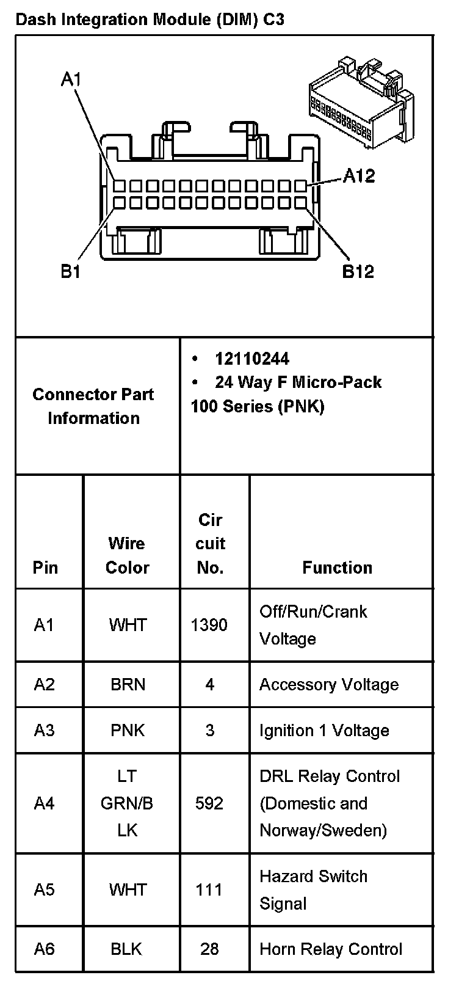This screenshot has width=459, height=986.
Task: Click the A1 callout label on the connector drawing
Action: [71, 79]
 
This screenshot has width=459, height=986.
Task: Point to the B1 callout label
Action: [71, 271]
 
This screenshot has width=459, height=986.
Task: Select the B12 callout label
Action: [358, 271]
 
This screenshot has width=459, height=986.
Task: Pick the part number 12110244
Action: [252, 359]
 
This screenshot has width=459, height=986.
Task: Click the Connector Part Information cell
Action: [93, 406]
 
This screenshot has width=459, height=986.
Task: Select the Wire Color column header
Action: [127, 555]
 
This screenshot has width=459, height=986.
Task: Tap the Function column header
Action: [337, 568]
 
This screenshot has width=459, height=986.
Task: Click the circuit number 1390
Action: [209, 624]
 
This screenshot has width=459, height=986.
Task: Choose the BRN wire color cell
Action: [128, 684]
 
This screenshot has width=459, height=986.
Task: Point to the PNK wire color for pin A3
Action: [128, 730]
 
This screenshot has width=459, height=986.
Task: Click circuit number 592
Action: [209, 803]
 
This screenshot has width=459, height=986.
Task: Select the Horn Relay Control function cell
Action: [331, 949]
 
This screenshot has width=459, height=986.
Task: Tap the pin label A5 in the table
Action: [44, 889]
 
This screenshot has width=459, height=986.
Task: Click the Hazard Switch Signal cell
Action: [313, 889]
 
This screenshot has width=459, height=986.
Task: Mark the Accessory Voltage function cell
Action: [329, 684]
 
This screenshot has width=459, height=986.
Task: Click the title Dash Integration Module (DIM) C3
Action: [150, 20]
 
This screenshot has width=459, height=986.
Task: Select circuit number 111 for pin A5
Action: [209, 889]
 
